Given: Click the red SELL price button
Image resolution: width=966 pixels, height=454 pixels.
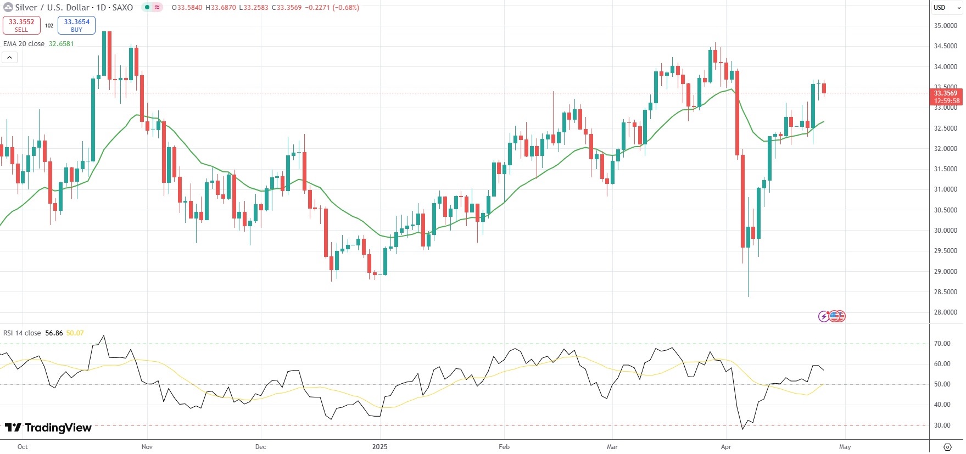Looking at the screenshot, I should (21, 25).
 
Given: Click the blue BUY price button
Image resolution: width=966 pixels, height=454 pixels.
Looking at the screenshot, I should (76, 25).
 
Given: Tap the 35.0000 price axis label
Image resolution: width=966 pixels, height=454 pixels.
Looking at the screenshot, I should (945, 26).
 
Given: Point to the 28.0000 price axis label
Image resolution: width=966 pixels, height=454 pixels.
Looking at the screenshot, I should (945, 312).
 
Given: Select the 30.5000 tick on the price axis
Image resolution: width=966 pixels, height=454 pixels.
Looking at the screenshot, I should (945, 210).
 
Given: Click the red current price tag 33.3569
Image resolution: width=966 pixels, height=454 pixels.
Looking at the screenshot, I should (946, 93).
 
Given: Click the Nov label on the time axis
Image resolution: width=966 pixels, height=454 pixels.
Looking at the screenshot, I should (147, 447).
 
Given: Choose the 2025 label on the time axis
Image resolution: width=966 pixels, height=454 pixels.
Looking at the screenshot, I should (379, 447).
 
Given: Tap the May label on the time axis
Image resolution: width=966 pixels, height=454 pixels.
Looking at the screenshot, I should (845, 447).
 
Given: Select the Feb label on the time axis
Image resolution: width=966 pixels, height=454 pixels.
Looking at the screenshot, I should (504, 447).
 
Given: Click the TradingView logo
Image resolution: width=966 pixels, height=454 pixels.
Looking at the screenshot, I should (48, 428).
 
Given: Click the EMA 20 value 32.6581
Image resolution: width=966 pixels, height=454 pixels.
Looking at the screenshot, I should (61, 44).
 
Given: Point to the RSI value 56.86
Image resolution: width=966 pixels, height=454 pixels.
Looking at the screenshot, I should (54, 333).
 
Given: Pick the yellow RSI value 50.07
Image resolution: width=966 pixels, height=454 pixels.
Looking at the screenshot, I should (75, 333).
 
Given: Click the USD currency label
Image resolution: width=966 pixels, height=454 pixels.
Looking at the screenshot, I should (940, 8).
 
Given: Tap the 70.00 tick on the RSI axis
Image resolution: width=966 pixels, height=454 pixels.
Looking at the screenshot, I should (942, 344).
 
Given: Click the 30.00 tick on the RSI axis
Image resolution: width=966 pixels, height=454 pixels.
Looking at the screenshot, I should (942, 425).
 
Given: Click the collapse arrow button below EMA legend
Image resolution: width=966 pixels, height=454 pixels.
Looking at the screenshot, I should (10, 57).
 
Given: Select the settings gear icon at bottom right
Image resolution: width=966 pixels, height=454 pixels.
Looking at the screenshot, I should (947, 447).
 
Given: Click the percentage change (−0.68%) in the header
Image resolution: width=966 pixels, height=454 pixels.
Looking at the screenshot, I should (346, 8).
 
